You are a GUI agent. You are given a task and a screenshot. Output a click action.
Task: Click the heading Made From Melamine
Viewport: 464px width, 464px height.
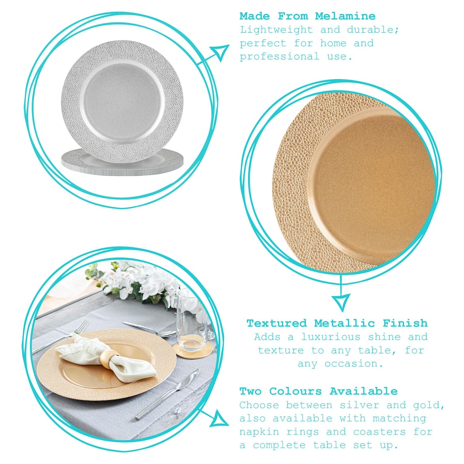coord(307,16)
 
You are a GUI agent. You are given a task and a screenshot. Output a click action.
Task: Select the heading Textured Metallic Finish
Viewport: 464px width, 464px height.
coord(337,323)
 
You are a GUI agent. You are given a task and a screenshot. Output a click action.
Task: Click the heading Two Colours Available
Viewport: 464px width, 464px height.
coord(319,391)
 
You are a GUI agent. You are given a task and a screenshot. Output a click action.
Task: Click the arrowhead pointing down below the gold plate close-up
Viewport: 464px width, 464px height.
coord(341,303)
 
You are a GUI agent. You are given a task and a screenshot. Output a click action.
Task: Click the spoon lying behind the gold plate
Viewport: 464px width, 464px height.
coord(150,329)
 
